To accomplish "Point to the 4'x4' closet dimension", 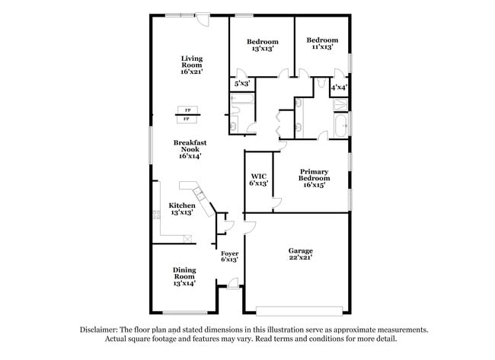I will click(x=339, y=88).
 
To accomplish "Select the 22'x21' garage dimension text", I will click(x=300, y=257).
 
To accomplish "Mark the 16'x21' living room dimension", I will click(x=190, y=72).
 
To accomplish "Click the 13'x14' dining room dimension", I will click(x=184, y=283).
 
